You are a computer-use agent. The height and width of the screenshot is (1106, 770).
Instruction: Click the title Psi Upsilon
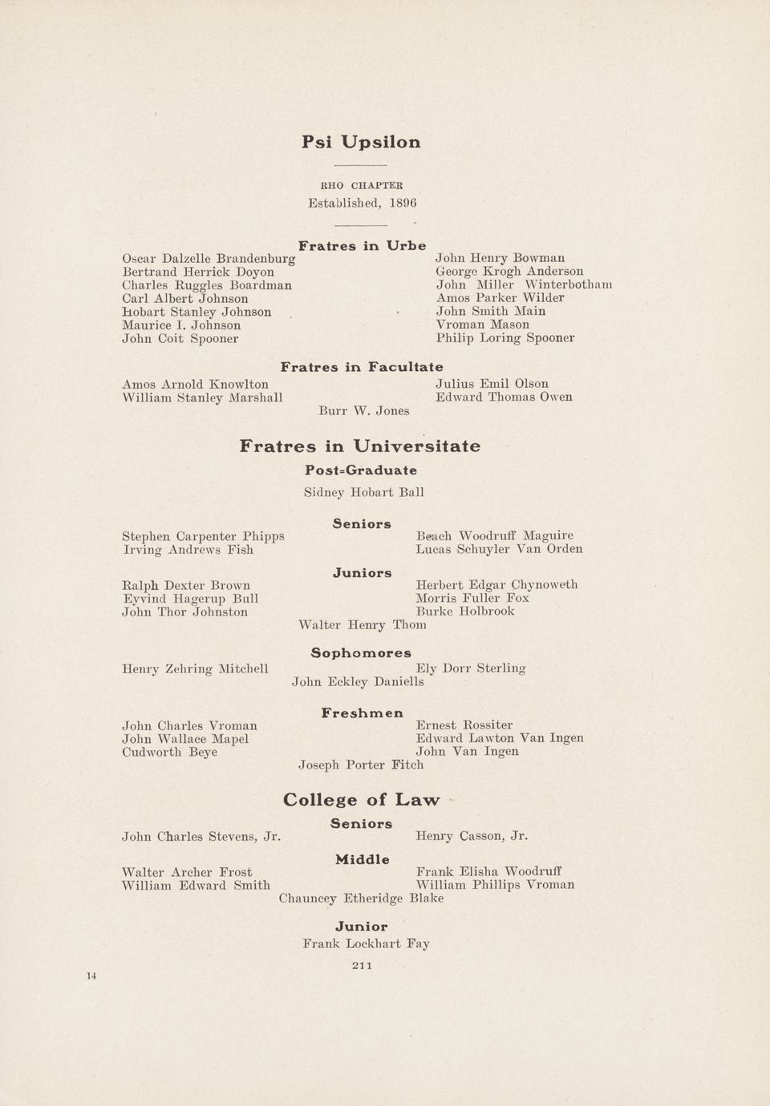[x=361, y=143]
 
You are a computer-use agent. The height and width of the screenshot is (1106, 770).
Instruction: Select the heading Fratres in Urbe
[x=362, y=246]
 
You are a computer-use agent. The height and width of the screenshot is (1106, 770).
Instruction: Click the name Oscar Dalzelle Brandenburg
[x=209, y=259]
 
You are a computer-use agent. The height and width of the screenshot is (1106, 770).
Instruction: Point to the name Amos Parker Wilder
[x=500, y=298]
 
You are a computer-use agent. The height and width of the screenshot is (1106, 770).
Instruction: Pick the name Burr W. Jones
[x=363, y=411]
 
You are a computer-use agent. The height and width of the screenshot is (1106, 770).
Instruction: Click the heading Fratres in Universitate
[x=360, y=446]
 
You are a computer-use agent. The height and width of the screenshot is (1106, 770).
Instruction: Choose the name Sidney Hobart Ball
[x=363, y=493]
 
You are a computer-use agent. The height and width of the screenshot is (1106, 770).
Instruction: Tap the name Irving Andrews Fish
[x=188, y=550]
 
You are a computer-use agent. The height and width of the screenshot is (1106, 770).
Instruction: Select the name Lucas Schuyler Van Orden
[x=499, y=550]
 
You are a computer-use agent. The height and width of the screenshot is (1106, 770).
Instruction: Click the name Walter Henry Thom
[x=362, y=625]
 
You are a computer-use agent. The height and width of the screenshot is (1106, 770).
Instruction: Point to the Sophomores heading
[x=361, y=653]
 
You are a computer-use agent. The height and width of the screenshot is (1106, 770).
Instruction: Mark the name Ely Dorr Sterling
[x=471, y=668]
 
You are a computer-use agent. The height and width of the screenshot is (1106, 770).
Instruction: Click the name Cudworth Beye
[x=169, y=753]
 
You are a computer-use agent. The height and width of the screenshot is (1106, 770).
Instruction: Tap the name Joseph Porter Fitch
[x=361, y=765]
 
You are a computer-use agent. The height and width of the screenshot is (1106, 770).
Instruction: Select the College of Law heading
[x=361, y=800]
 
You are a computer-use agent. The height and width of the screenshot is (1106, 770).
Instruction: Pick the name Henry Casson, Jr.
[x=472, y=837]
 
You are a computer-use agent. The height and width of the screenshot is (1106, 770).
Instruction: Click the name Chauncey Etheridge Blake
[x=361, y=898]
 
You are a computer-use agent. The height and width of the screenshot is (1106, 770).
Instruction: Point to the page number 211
[x=362, y=966]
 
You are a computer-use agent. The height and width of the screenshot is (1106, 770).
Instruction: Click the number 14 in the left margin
[x=91, y=976]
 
